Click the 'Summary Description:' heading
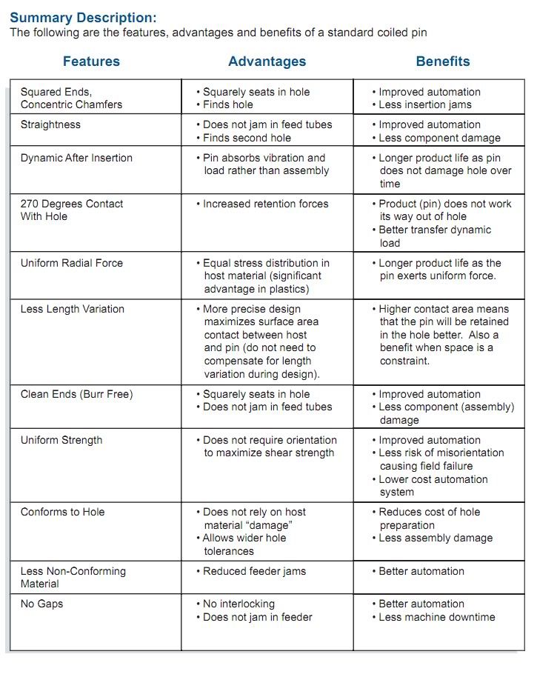83,18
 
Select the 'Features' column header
91,61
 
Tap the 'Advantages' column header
267,61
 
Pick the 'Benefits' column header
442,61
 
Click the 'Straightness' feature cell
50,124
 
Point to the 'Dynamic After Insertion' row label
76,158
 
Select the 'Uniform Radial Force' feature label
72,263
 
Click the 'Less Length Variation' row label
73,309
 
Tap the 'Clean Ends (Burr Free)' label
76,394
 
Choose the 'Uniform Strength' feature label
61,440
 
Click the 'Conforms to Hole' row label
63,512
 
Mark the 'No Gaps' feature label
42,604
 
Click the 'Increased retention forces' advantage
266,204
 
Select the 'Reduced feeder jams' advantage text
254,571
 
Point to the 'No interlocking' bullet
239,604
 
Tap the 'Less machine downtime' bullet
437,617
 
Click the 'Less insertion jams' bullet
425,104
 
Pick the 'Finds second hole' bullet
247,138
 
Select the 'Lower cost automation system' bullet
433,485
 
